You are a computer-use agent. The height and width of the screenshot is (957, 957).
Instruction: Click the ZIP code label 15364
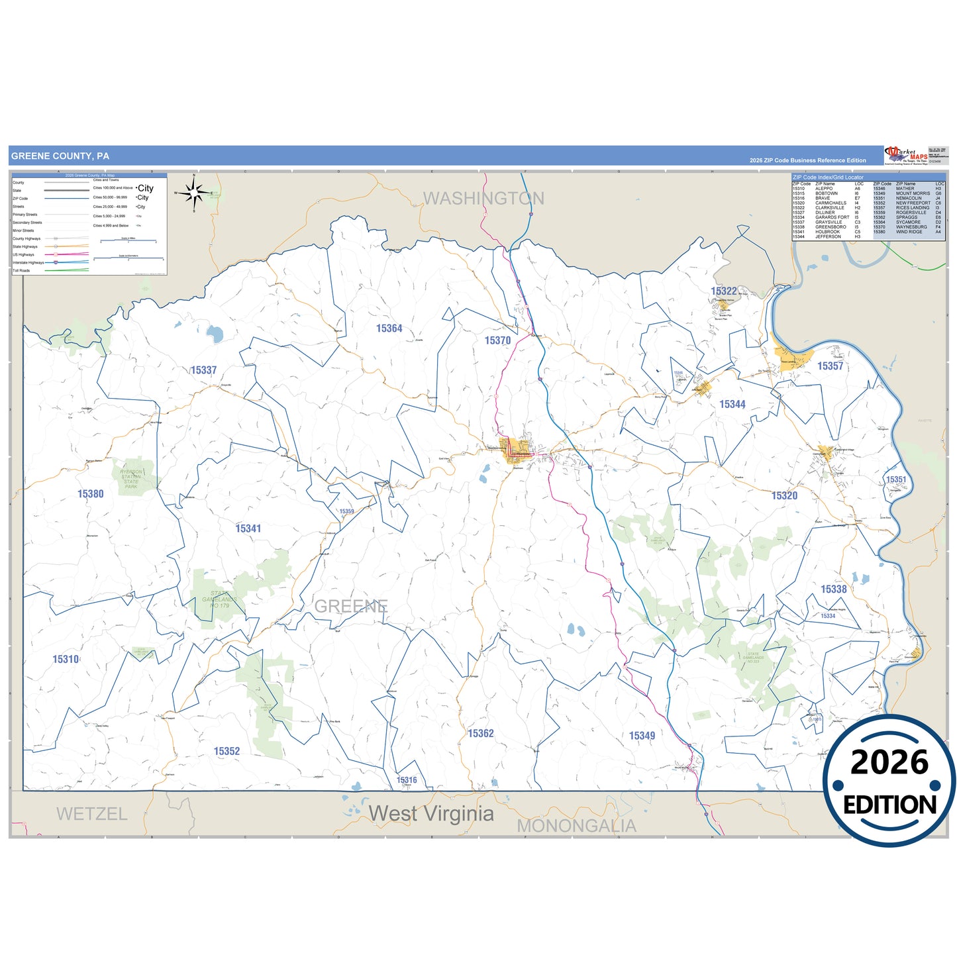pos(389,328)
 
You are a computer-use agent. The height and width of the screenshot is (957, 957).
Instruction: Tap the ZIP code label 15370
pos(497,340)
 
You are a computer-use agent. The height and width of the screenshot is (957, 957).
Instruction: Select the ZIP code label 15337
pos(203,370)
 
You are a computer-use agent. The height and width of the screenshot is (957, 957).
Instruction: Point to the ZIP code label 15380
pos(91,494)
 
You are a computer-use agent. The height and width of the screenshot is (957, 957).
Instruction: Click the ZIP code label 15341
pos(248,529)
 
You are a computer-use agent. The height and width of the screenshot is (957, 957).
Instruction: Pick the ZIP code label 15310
pos(66,659)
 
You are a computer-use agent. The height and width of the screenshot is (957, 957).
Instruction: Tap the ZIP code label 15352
pos(227,751)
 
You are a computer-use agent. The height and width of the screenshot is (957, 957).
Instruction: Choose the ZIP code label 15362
pos(481,733)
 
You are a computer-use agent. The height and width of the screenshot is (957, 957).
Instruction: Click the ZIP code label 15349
pos(642,736)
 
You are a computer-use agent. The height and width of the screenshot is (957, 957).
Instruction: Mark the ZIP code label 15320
pos(784,495)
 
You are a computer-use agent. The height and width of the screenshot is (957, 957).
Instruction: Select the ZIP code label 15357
pos(830,366)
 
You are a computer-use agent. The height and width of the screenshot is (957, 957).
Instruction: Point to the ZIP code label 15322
pos(724,291)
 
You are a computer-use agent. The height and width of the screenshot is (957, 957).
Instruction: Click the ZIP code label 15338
pos(834,589)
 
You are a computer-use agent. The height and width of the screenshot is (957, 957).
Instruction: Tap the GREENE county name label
pos(351,606)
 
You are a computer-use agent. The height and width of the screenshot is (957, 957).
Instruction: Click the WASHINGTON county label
pos(483,198)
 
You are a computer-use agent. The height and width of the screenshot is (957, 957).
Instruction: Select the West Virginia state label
pos(431,813)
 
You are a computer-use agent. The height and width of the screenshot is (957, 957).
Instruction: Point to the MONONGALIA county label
pos(576,826)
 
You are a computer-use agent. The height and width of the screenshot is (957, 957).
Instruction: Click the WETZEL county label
pos(91,814)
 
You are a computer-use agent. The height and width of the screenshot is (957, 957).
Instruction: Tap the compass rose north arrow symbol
pos(194,193)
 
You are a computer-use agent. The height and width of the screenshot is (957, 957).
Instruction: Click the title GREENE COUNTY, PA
pos(60,156)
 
